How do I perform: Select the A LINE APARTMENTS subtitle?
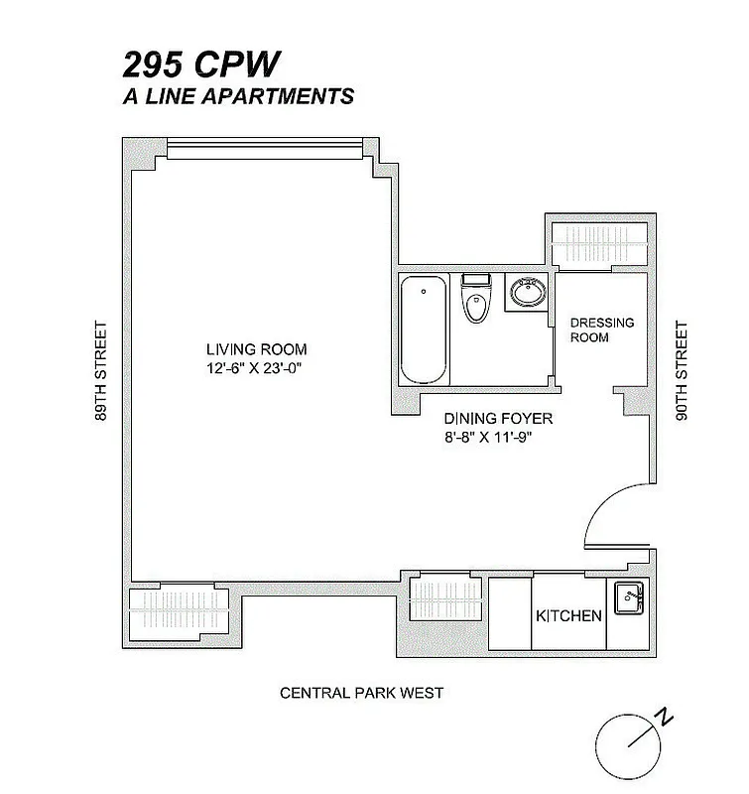click(237, 97)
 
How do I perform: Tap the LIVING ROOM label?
click(256, 349)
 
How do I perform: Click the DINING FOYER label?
click(498, 419)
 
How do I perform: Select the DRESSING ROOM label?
click(601, 331)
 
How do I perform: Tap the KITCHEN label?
click(568, 615)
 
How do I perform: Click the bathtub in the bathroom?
click(425, 331)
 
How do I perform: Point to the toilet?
click(476, 299)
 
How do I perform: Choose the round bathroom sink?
click(527, 293)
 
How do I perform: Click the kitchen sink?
click(628, 597)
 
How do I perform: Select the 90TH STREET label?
click(681, 371)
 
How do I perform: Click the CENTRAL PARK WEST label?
click(361, 693)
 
